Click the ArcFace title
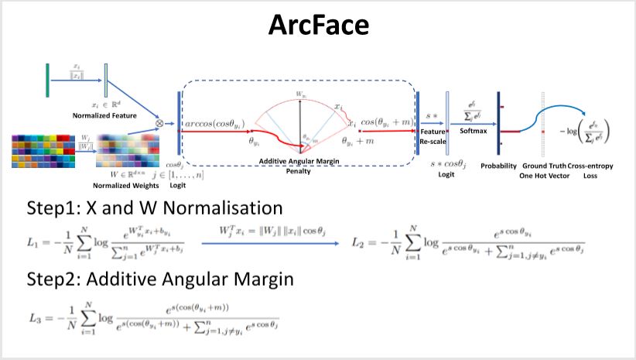click(x=318, y=25)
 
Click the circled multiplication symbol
click(x=159, y=122)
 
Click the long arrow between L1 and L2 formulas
click(x=270, y=244)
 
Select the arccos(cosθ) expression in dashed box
click(x=214, y=123)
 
